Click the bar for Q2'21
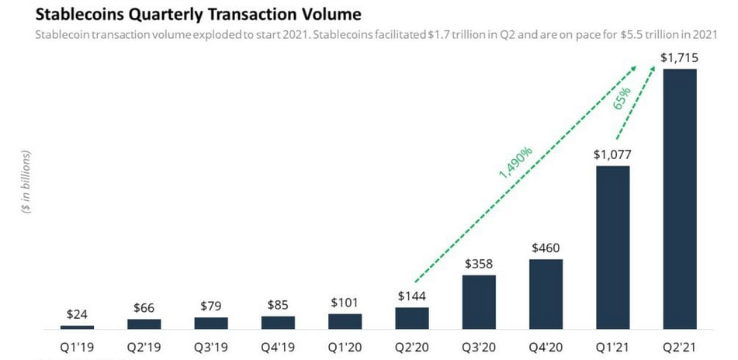679,199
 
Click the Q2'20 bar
412,317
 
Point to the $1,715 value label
679,57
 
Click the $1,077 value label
612,154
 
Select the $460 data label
546,248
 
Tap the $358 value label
479,264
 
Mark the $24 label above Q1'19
77,315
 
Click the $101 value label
345,303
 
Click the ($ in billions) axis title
26,183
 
